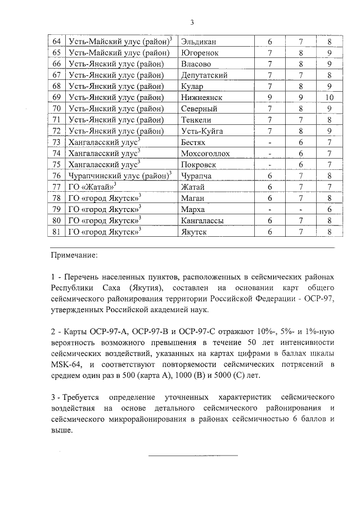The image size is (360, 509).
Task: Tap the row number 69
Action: click(56, 97)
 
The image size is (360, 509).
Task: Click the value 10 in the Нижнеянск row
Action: click(330, 97)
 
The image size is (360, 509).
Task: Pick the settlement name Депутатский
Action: click(204, 75)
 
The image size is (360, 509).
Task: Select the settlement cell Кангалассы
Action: click(203, 220)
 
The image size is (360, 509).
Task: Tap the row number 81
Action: click(56, 231)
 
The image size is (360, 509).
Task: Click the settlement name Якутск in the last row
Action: click(195, 231)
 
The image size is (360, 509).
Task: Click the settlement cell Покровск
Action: click(199, 164)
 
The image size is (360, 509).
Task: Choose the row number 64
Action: click(56, 42)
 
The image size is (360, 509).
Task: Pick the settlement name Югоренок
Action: click(200, 53)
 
